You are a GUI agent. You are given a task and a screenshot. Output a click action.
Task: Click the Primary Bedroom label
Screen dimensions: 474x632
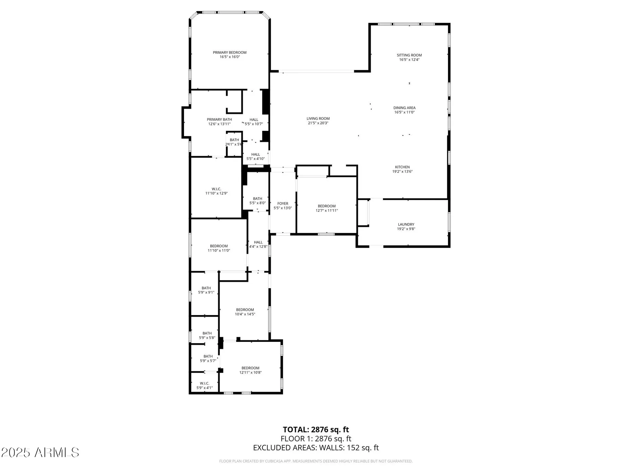[x=230, y=53]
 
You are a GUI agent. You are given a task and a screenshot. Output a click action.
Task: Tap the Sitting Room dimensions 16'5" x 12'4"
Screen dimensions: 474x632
[x=409, y=60]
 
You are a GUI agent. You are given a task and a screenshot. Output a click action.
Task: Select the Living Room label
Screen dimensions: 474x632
[x=318, y=119]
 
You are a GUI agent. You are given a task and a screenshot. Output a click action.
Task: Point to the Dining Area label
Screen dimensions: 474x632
[x=404, y=108]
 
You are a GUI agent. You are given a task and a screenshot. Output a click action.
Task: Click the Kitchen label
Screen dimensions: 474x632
[x=402, y=167]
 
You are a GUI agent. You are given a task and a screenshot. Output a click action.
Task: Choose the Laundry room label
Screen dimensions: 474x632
[x=406, y=225]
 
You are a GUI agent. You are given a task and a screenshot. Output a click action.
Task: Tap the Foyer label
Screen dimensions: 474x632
[x=283, y=204]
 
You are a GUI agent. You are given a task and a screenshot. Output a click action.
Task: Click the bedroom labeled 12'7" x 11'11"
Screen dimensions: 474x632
[x=327, y=208]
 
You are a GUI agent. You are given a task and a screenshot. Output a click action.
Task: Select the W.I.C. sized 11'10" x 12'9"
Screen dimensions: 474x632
[x=216, y=191]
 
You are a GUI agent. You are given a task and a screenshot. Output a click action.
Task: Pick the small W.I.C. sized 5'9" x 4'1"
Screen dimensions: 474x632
[x=204, y=386]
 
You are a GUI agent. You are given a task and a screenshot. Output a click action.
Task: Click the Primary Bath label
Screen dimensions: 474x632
[x=219, y=119]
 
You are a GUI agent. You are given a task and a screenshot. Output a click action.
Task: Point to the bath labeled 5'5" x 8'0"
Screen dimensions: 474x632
[x=258, y=201]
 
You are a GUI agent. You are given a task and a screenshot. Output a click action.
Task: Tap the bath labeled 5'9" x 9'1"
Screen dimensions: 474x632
[x=206, y=290]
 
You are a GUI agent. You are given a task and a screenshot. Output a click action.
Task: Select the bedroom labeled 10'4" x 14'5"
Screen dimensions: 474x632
[x=245, y=312]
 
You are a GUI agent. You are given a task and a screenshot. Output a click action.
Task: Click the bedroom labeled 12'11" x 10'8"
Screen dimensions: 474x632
[x=250, y=370]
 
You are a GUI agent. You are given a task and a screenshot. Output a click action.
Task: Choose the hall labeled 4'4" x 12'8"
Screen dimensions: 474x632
[x=258, y=244]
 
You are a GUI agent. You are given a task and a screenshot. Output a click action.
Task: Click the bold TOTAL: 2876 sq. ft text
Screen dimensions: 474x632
[x=316, y=430]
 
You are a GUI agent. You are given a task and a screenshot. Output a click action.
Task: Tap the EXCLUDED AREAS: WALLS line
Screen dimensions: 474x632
[x=316, y=448]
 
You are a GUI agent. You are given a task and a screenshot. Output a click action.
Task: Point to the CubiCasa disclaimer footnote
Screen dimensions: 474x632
[x=316, y=461]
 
